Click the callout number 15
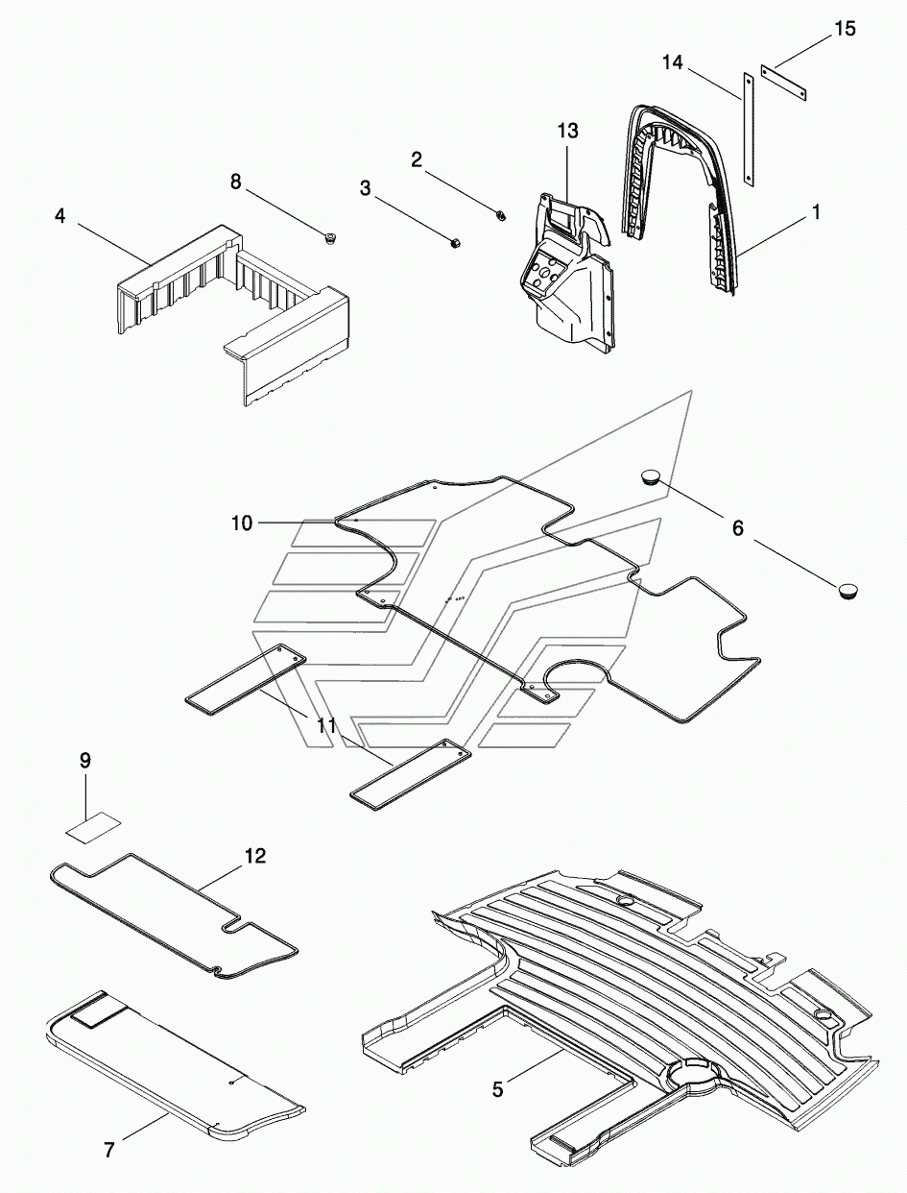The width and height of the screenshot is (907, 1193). [844, 28]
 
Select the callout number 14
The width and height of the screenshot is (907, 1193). [673, 62]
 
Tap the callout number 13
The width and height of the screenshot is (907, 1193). [567, 131]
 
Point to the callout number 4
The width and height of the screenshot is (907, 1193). [60, 216]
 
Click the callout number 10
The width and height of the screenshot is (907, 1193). [242, 523]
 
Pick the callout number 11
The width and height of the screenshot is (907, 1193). [326, 725]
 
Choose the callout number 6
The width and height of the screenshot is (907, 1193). [737, 527]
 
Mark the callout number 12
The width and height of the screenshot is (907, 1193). [255, 856]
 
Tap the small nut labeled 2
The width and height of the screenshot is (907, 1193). [501, 215]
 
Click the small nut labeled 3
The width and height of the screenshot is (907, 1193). [456, 243]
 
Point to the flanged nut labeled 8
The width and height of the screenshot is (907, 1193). [329, 237]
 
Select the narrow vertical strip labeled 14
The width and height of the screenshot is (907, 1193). [749, 130]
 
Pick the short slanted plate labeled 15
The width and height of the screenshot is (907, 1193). [783, 83]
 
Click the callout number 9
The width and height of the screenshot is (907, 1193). [85, 762]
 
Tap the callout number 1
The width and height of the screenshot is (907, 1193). [816, 212]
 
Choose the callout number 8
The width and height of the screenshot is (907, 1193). [235, 183]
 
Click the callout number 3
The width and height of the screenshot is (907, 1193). [365, 188]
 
